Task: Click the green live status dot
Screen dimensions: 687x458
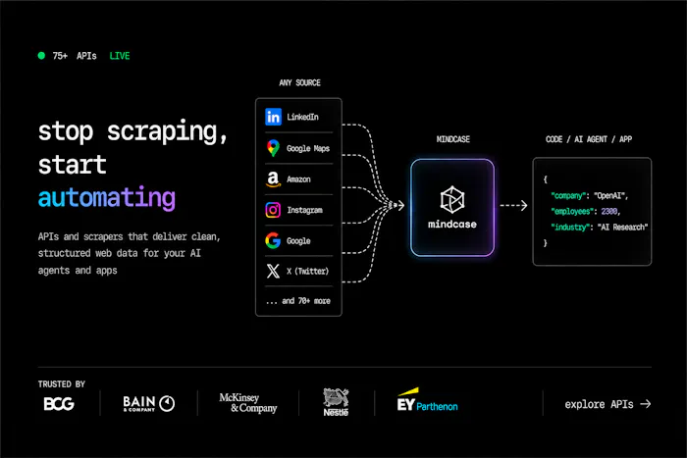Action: pyautogui.click(x=41, y=56)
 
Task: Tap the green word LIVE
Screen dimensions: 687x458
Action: pyautogui.click(x=120, y=56)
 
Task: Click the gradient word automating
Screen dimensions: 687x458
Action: pyautogui.click(x=106, y=198)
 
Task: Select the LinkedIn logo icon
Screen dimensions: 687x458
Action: pyautogui.click(x=273, y=117)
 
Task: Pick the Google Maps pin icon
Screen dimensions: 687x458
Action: pyautogui.click(x=273, y=148)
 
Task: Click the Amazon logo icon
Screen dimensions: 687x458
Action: pyautogui.click(x=273, y=179)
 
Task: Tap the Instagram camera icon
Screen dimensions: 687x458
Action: pyautogui.click(x=273, y=210)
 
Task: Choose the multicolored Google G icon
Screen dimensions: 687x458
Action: pyautogui.click(x=273, y=241)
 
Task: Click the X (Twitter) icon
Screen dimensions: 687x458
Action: pyautogui.click(x=273, y=271)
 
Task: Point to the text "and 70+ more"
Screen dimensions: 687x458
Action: pyautogui.click(x=306, y=301)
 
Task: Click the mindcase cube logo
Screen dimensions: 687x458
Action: pyautogui.click(x=452, y=199)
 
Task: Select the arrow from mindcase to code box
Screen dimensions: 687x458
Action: pyautogui.click(x=513, y=205)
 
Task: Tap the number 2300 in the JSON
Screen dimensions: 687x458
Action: pyautogui.click(x=609, y=212)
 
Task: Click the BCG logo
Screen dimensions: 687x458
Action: pyautogui.click(x=59, y=404)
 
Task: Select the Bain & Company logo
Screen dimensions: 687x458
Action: pyautogui.click(x=148, y=403)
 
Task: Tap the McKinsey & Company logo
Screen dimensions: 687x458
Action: pyautogui.click(x=248, y=403)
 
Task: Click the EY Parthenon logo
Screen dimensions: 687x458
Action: pyautogui.click(x=427, y=401)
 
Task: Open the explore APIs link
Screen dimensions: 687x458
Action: pyautogui.click(x=608, y=404)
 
